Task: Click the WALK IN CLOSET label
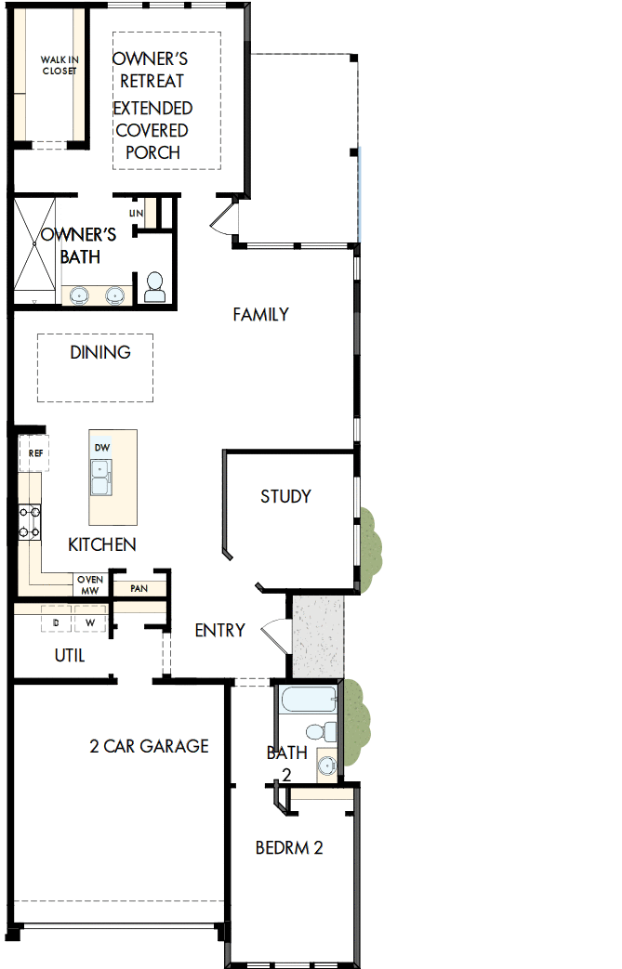click(x=60, y=65)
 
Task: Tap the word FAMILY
click(x=260, y=315)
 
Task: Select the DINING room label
click(x=99, y=352)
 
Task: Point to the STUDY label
click(x=285, y=496)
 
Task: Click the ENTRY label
click(x=219, y=631)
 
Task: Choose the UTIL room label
click(x=70, y=656)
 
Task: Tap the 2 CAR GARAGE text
click(x=149, y=746)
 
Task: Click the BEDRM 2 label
click(x=289, y=848)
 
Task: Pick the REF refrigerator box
click(x=35, y=453)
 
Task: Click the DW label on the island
click(x=101, y=448)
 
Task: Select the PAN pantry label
click(x=139, y=588)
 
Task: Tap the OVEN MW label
click(x=89, y=584)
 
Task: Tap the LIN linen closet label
click(x=137, y=214)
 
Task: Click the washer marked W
click(x=91, y=622)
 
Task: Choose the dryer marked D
click(x=57, y=622)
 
